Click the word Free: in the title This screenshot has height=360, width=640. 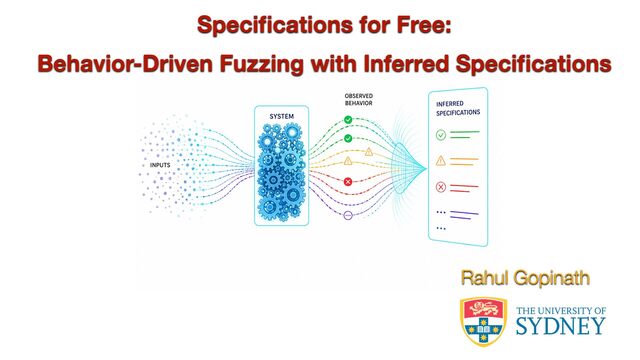424,25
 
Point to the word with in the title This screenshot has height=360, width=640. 334,64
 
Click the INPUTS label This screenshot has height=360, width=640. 160,165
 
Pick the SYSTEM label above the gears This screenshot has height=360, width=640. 282,116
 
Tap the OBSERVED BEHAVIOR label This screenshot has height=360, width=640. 359,100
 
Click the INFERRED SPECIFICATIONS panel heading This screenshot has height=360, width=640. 458,108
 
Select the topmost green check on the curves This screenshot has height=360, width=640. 348,120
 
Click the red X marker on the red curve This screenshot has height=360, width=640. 348,182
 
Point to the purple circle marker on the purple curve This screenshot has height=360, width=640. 348,215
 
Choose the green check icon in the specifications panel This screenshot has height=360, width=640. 441,135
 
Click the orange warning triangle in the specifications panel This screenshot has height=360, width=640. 441,161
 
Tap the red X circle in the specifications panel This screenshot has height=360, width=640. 441,187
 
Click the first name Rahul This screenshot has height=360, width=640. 484,278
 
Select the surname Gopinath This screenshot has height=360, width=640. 551,279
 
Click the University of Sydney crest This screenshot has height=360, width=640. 484,322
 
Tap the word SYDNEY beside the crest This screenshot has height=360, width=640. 560,326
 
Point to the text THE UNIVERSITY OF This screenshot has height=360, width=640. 561,311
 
